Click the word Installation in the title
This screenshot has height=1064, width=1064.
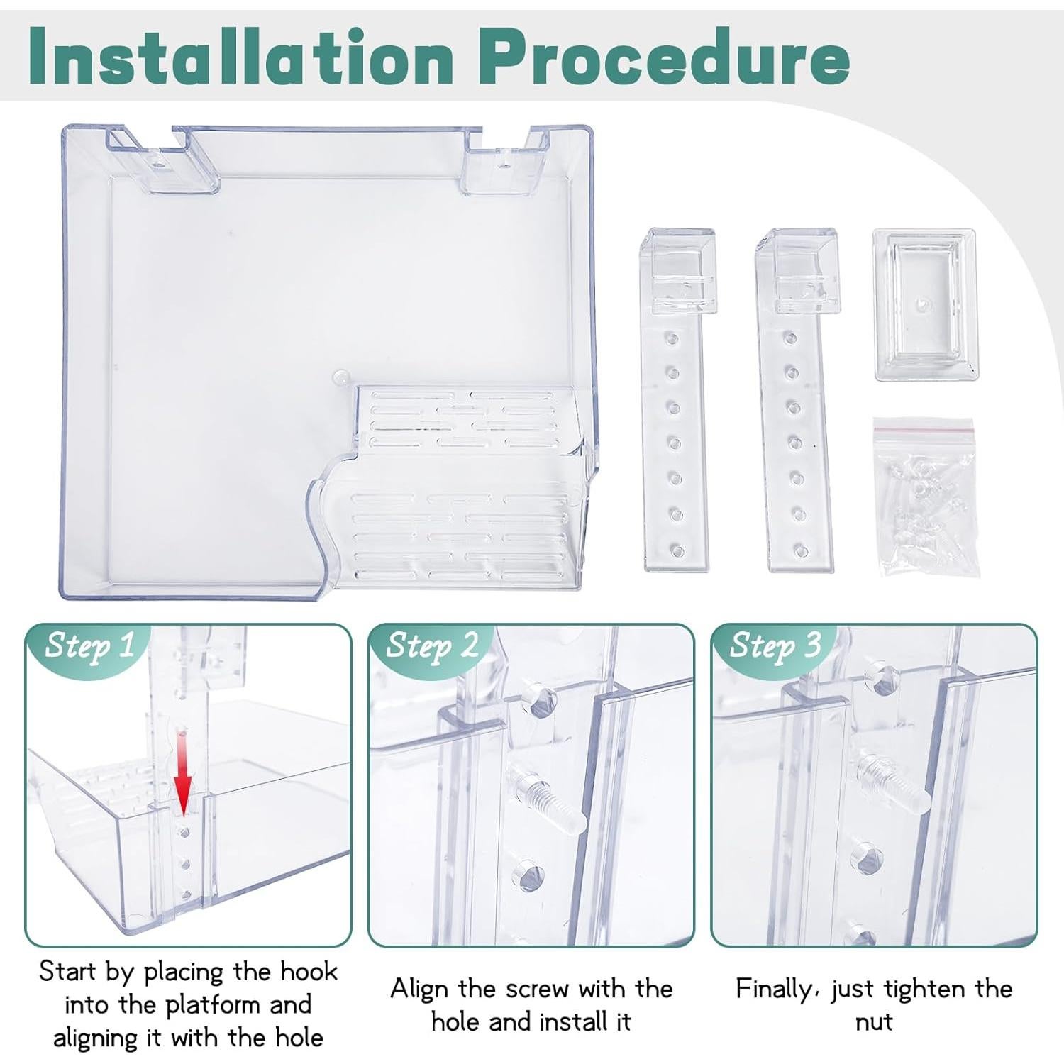coord(241,56)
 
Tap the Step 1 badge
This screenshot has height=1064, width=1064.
coord(89,646)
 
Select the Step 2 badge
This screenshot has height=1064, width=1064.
coord(432,646)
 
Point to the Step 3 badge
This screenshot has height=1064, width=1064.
coord(775,646)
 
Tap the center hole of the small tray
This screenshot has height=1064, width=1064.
coord(921,304)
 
